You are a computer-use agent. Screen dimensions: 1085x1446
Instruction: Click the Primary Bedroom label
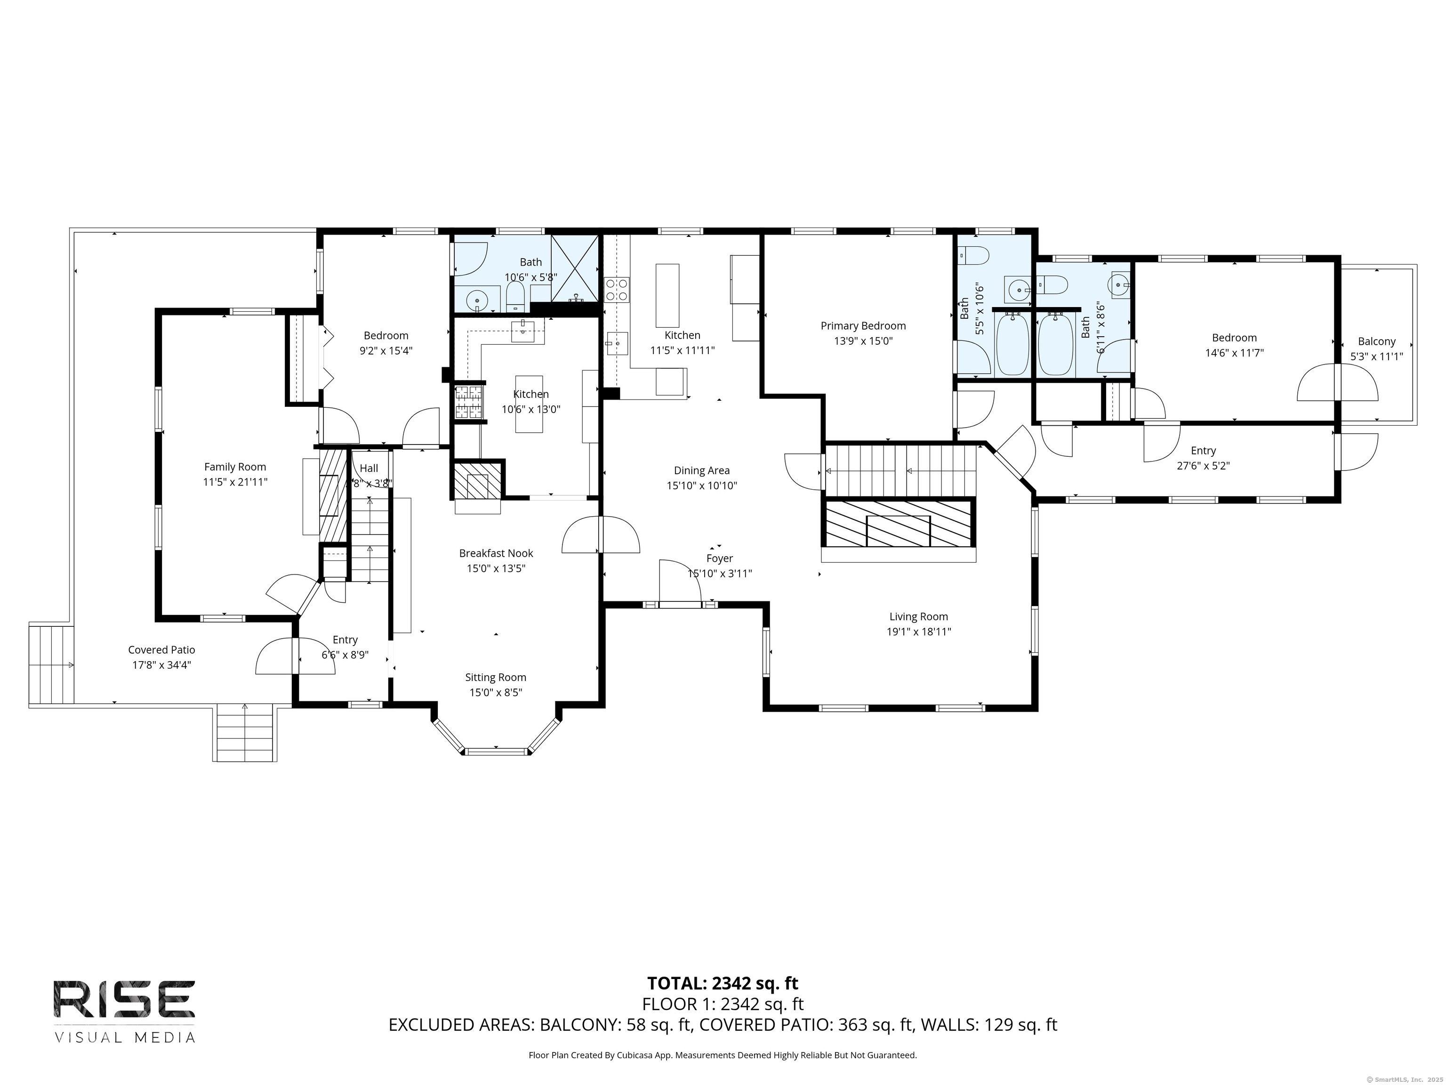click(863, 326)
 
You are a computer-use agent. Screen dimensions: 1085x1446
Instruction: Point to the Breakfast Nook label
click(496, 553)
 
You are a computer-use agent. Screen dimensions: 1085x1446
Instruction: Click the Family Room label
click(235, 467)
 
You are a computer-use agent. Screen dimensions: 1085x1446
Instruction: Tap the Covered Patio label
click(161, 649)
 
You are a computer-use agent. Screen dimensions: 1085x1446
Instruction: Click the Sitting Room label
click(496, 678)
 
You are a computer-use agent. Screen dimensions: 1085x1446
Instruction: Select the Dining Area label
click(701, 470)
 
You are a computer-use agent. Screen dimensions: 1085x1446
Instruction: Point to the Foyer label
click(719, 559)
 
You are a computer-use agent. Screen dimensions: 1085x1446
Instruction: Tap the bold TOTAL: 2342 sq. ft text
click(723, 983)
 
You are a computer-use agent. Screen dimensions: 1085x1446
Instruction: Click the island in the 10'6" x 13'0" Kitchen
click(529, 404)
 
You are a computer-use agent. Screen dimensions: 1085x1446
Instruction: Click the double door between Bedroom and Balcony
click(1337, 382)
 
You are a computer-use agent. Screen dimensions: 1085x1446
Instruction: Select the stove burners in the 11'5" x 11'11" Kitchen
click(617, 290)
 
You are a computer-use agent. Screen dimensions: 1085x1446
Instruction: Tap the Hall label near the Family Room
click(369, 468)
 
